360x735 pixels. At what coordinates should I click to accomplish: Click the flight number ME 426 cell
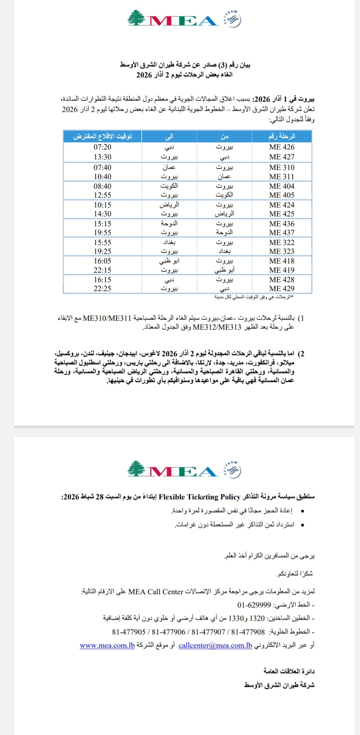tap(282, 147)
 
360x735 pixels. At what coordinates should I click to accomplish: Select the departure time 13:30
tap(102, 157)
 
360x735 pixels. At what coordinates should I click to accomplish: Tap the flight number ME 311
tap(282, 177)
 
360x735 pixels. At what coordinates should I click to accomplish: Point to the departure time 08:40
tap(102, 186)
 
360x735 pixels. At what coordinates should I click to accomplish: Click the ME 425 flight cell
tap(282, 214)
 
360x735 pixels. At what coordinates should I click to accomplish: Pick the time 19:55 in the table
tap(102, 233)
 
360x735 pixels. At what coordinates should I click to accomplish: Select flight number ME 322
tap(282, 243)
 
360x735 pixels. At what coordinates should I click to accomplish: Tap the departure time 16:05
tap(102, 261)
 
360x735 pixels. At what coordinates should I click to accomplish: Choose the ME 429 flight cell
tap(282, 289)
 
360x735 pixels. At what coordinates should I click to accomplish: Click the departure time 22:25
tap(102, 289)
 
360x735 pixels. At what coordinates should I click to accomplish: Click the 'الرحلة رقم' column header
tap(282, 136)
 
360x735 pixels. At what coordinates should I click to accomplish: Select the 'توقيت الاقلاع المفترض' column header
tap(102, 136)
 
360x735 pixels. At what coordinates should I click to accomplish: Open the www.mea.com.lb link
tap(107, 646)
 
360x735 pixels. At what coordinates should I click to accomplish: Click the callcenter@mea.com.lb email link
tap(215, 646)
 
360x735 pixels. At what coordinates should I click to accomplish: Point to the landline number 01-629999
tap(254, 605)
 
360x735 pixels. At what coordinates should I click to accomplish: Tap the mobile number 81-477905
tap(129, 632)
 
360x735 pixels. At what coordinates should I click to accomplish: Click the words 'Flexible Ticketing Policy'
tap(199, 497)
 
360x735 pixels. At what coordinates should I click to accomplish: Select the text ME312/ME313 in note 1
tap(217, 327)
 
